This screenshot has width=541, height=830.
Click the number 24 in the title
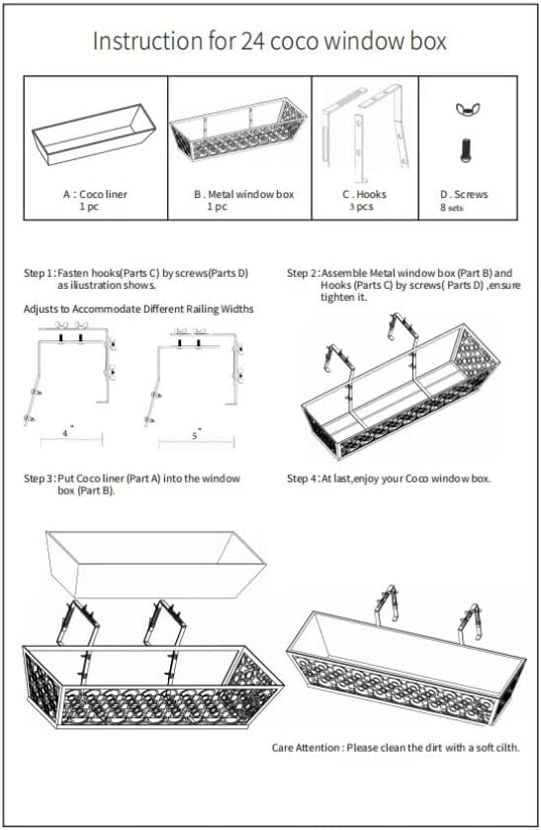254,42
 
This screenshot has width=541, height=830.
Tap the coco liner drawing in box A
94,135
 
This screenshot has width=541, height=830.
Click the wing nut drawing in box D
464,109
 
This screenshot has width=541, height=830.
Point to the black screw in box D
465,149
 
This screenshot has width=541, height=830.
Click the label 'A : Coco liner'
95,194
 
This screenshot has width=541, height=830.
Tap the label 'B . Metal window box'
243,194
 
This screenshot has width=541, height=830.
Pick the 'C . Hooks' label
364,194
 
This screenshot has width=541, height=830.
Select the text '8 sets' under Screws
451,208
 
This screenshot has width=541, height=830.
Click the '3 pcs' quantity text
361,207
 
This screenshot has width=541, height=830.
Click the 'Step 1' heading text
39,273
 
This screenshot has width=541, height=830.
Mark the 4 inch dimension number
65,433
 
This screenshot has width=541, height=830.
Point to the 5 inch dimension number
194,435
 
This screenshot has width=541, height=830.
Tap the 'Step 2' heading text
303,273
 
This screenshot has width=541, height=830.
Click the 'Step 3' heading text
39,479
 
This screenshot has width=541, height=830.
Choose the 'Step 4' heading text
303,479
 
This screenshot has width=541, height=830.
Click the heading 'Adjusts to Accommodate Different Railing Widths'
138,309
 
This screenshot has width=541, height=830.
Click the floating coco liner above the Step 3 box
156,564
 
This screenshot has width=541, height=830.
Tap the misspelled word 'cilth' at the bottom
507,748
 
